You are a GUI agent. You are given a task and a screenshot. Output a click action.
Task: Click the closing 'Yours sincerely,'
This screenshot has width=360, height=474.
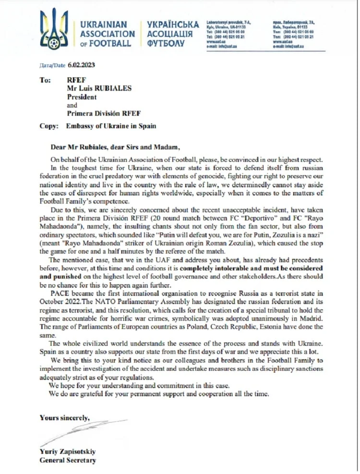point(64,417)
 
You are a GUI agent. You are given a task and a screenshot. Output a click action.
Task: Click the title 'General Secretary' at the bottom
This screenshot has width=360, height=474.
point(68,461)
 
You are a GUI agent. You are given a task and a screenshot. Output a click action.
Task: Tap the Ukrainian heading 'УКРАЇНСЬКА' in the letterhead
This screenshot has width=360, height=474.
point(173,24)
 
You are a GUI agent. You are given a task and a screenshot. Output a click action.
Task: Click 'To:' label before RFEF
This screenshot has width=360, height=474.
point(45,79)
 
